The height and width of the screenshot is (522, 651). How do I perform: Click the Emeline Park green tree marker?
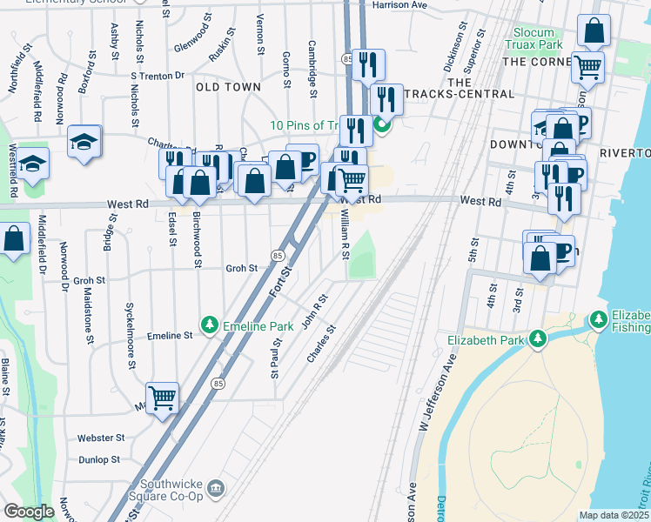[209, 325]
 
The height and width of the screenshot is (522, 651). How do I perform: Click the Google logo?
[28, 512]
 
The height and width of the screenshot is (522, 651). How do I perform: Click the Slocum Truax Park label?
[533, 38]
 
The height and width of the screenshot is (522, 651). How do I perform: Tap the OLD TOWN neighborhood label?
[228, 87]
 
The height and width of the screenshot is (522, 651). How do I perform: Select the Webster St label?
[101, 438]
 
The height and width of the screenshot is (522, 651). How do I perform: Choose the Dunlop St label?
[98, 459]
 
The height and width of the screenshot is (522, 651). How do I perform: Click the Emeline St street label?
[169, 335]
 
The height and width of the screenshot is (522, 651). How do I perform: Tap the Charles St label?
[321, 345]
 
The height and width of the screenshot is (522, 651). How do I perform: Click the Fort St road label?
[279, 278]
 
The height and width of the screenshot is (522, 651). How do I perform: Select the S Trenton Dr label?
[157, 76]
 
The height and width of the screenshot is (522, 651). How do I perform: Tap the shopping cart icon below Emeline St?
[162, 398]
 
